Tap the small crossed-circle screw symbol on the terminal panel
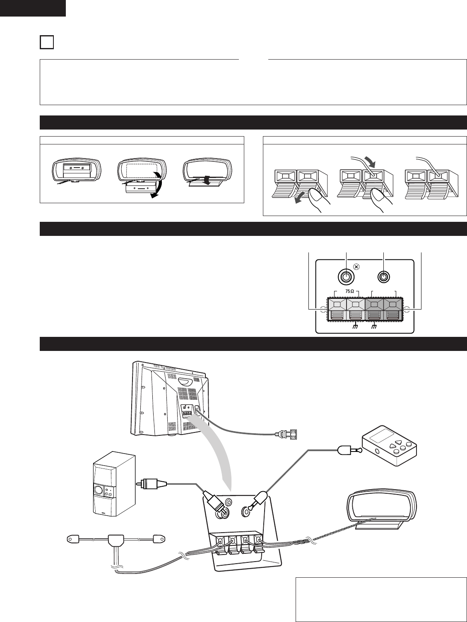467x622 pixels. coord(357,267)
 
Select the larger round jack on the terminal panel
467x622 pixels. coord(346,276)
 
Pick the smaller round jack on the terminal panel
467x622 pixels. coord(384,276)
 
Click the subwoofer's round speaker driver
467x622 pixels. coord(99,491)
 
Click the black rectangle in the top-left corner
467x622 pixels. coord(33,8)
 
